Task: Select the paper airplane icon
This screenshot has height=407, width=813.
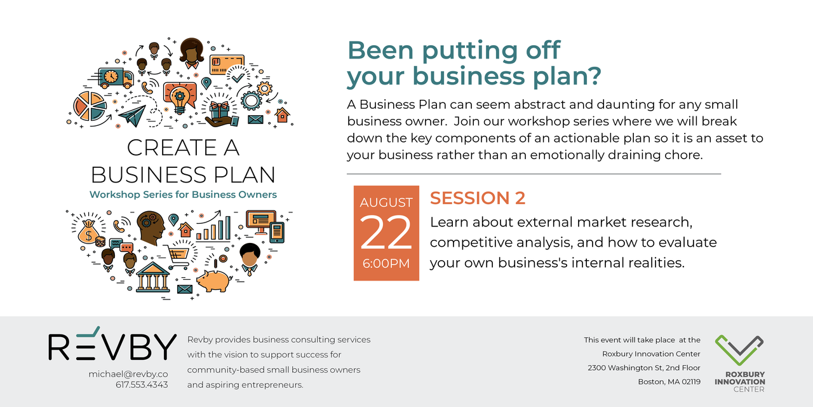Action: tap(133, 116)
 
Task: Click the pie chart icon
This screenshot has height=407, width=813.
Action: tap(90, 106)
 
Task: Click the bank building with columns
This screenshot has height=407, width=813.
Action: tap(153, 277)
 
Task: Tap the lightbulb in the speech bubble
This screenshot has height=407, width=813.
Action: tap(179, 98)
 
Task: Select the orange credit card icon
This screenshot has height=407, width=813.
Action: tap(227, 65)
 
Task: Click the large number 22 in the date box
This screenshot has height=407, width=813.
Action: tap(386, 233)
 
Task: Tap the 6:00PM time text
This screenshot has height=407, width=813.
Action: tap(386, 263)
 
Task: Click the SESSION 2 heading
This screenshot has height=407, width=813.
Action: tap(478, 198)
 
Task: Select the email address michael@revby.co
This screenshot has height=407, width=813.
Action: tap(128, 374)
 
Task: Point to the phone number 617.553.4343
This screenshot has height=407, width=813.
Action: tap(142, 385)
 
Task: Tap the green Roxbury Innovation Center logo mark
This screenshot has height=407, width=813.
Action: tap(739, 350)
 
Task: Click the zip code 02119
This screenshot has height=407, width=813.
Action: tap(691, 382)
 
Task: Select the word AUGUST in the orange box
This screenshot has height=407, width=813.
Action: tap(386, 202)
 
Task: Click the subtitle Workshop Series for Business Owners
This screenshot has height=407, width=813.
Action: tap(183, 195)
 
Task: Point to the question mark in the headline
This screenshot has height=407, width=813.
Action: tap(593, 76)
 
